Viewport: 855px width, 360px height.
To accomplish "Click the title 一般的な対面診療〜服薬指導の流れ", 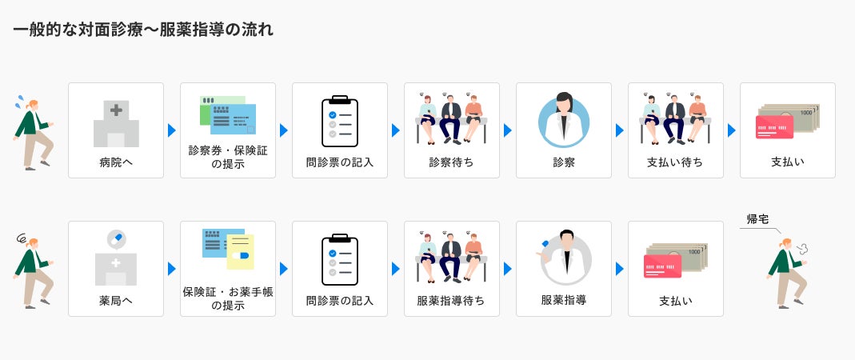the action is (x=143, y=30).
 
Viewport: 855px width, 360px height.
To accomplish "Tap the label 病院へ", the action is (x=116, y=162).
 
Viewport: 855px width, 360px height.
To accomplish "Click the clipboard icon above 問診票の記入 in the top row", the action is (x=339, y=122).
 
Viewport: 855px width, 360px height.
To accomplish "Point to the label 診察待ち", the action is (x=451, y=162).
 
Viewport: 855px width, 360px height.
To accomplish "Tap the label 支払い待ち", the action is (x=675, y=162).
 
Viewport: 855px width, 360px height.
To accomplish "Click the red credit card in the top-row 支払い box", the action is (x=774, y=127).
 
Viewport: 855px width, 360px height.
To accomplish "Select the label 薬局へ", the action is (x=116, y=301).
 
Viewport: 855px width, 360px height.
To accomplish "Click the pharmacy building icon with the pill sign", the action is (x=116, y=258).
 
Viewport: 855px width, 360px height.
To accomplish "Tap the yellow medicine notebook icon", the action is (x=240, y=252).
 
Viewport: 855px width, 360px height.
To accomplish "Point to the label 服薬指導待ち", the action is (x=451, y=301).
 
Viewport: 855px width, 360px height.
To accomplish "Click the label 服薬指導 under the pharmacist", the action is (x=563, y=301).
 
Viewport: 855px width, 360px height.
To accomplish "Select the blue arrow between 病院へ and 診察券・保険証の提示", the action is (x=171, y=130).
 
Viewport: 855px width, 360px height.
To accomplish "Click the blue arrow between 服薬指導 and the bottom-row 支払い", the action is (x=619, y=269).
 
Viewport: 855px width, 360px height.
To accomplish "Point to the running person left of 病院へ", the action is (x=33, y=133).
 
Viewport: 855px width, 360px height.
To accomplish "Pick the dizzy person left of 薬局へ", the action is (x=33, y=271).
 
